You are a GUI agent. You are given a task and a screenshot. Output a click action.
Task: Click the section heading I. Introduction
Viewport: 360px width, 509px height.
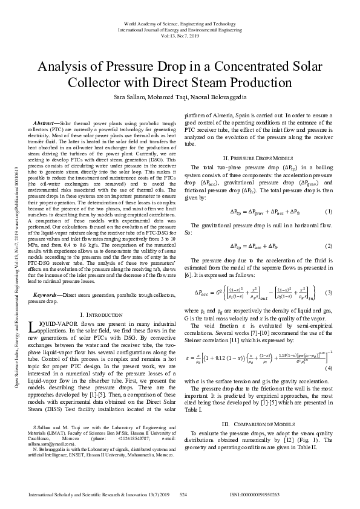(x=102, y=315)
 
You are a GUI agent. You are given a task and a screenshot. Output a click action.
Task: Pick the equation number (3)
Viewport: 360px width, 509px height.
(x=329, y=293)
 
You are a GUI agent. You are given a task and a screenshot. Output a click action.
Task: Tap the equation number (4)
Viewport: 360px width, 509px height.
(x=329, y=351)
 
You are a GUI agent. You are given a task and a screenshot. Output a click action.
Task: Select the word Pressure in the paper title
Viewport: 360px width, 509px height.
(x=143, y=66)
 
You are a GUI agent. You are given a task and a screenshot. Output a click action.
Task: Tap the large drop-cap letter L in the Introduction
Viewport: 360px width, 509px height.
(x=32, y=328)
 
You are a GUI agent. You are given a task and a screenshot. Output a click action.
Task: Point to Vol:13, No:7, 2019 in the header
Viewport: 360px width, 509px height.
(x=180, y=36)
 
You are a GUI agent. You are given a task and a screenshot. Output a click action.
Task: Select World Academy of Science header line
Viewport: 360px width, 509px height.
(x=180, y=22)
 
